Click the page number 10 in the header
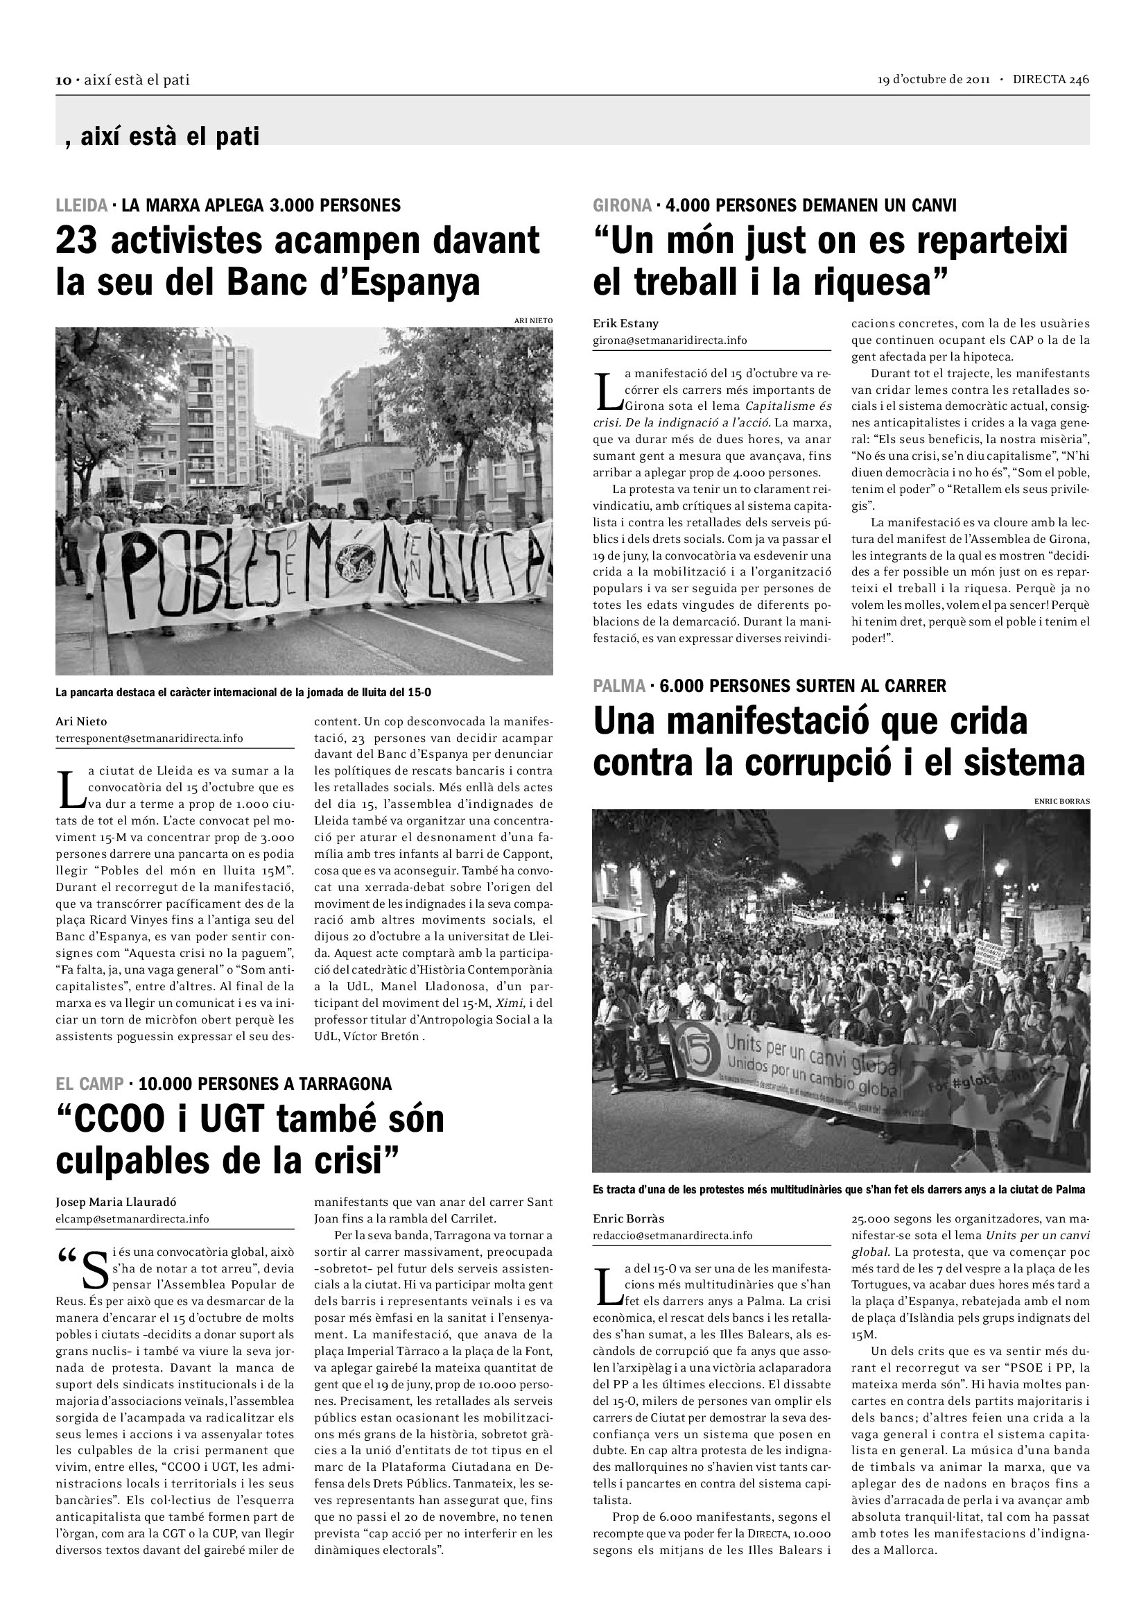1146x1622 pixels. point(63,80)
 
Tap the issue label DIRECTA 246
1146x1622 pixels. point(1051,80)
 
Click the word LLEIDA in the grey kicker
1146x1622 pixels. point(81,205)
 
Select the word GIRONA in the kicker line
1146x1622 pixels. point(622,205)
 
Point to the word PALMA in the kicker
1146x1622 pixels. point(618,685)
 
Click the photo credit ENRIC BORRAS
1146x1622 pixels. point(1061,801)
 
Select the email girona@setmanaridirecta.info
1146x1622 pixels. point(670,340)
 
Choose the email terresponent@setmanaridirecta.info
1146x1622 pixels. point(149,739)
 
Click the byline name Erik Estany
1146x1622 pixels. point(625,324)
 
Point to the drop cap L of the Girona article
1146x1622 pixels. point(607,391)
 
